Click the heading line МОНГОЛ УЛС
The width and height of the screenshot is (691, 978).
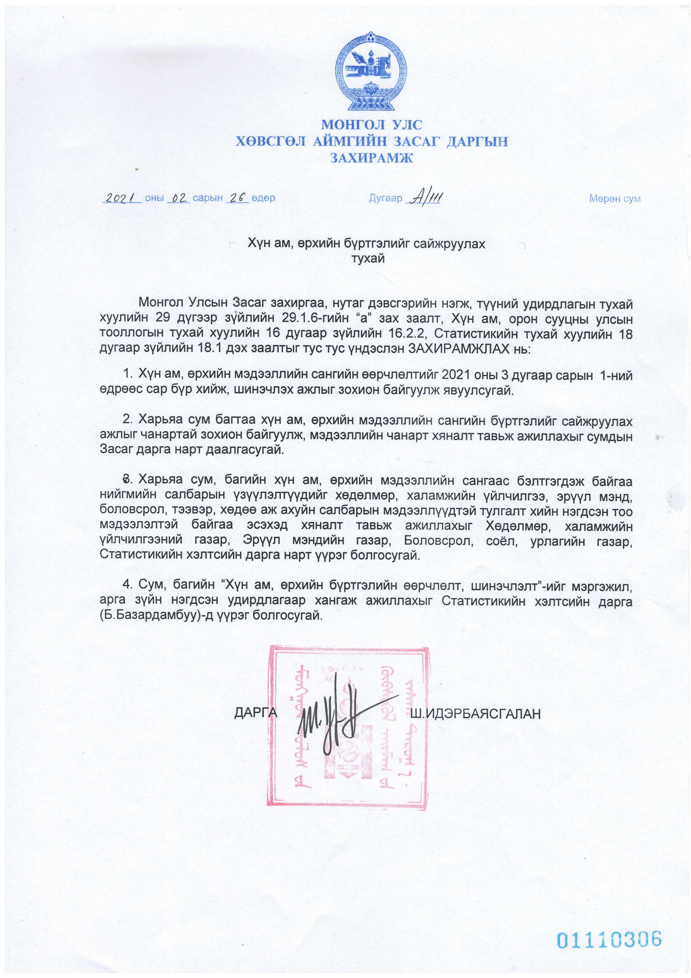coord(371,125)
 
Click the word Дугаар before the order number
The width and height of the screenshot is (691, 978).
coord(385,198)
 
